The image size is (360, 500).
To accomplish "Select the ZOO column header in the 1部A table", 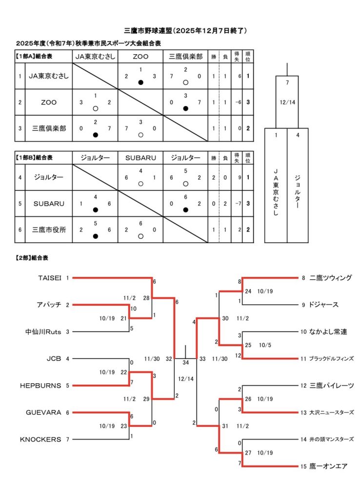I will pos(140,56).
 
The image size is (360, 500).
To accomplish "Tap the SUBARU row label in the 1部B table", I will pos(49,204).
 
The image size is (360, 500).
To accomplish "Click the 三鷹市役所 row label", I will pos(49,230).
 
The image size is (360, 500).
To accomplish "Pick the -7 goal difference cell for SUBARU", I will pos(237,204).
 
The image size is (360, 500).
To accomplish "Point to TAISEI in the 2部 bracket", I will pos(50,278).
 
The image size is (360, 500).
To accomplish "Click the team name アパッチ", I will pos(48,305).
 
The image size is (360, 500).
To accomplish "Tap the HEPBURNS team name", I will pos(40,385).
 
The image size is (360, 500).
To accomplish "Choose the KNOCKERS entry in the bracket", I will pos(40,439).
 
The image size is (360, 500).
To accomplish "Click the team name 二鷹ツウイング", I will pos(330,278).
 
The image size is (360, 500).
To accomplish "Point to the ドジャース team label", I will pos(323,305).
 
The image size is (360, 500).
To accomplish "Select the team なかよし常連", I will pos(328,332).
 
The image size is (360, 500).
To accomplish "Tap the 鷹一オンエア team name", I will pos(328,466).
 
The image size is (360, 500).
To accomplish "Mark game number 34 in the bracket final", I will pos(185,362).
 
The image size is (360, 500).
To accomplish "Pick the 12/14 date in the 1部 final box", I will pos(287,103).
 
